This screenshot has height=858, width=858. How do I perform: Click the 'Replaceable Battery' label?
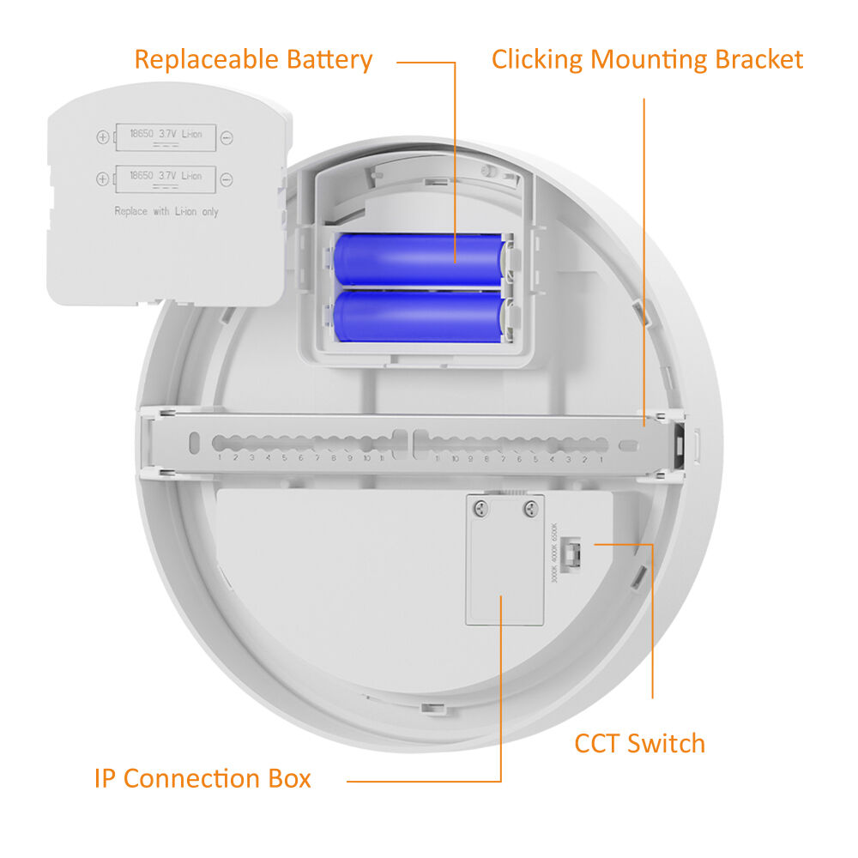pos(253,60)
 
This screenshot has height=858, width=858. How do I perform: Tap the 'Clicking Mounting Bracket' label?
pos(647,60)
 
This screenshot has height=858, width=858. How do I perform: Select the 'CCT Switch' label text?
pos(639,743)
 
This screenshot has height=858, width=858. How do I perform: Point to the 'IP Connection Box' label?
pos(202,779)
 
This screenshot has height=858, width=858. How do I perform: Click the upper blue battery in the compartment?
pos(420,260)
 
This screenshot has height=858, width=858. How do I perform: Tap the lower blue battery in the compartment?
pos(420,315)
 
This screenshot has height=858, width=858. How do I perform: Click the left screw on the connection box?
pos(481,509)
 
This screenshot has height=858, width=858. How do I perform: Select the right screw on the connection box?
pos(529,509)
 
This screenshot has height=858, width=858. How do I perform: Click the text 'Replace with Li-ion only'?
pos(166,211)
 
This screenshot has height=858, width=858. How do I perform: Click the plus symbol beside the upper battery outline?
pos(103,137)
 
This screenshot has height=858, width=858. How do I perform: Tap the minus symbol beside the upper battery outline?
pos(227,137)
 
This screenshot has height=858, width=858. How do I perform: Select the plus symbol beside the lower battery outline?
pos(103,178)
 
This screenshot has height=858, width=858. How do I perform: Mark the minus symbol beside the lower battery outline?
pos(227,178)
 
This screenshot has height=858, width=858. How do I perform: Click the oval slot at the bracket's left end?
pos(195,442)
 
